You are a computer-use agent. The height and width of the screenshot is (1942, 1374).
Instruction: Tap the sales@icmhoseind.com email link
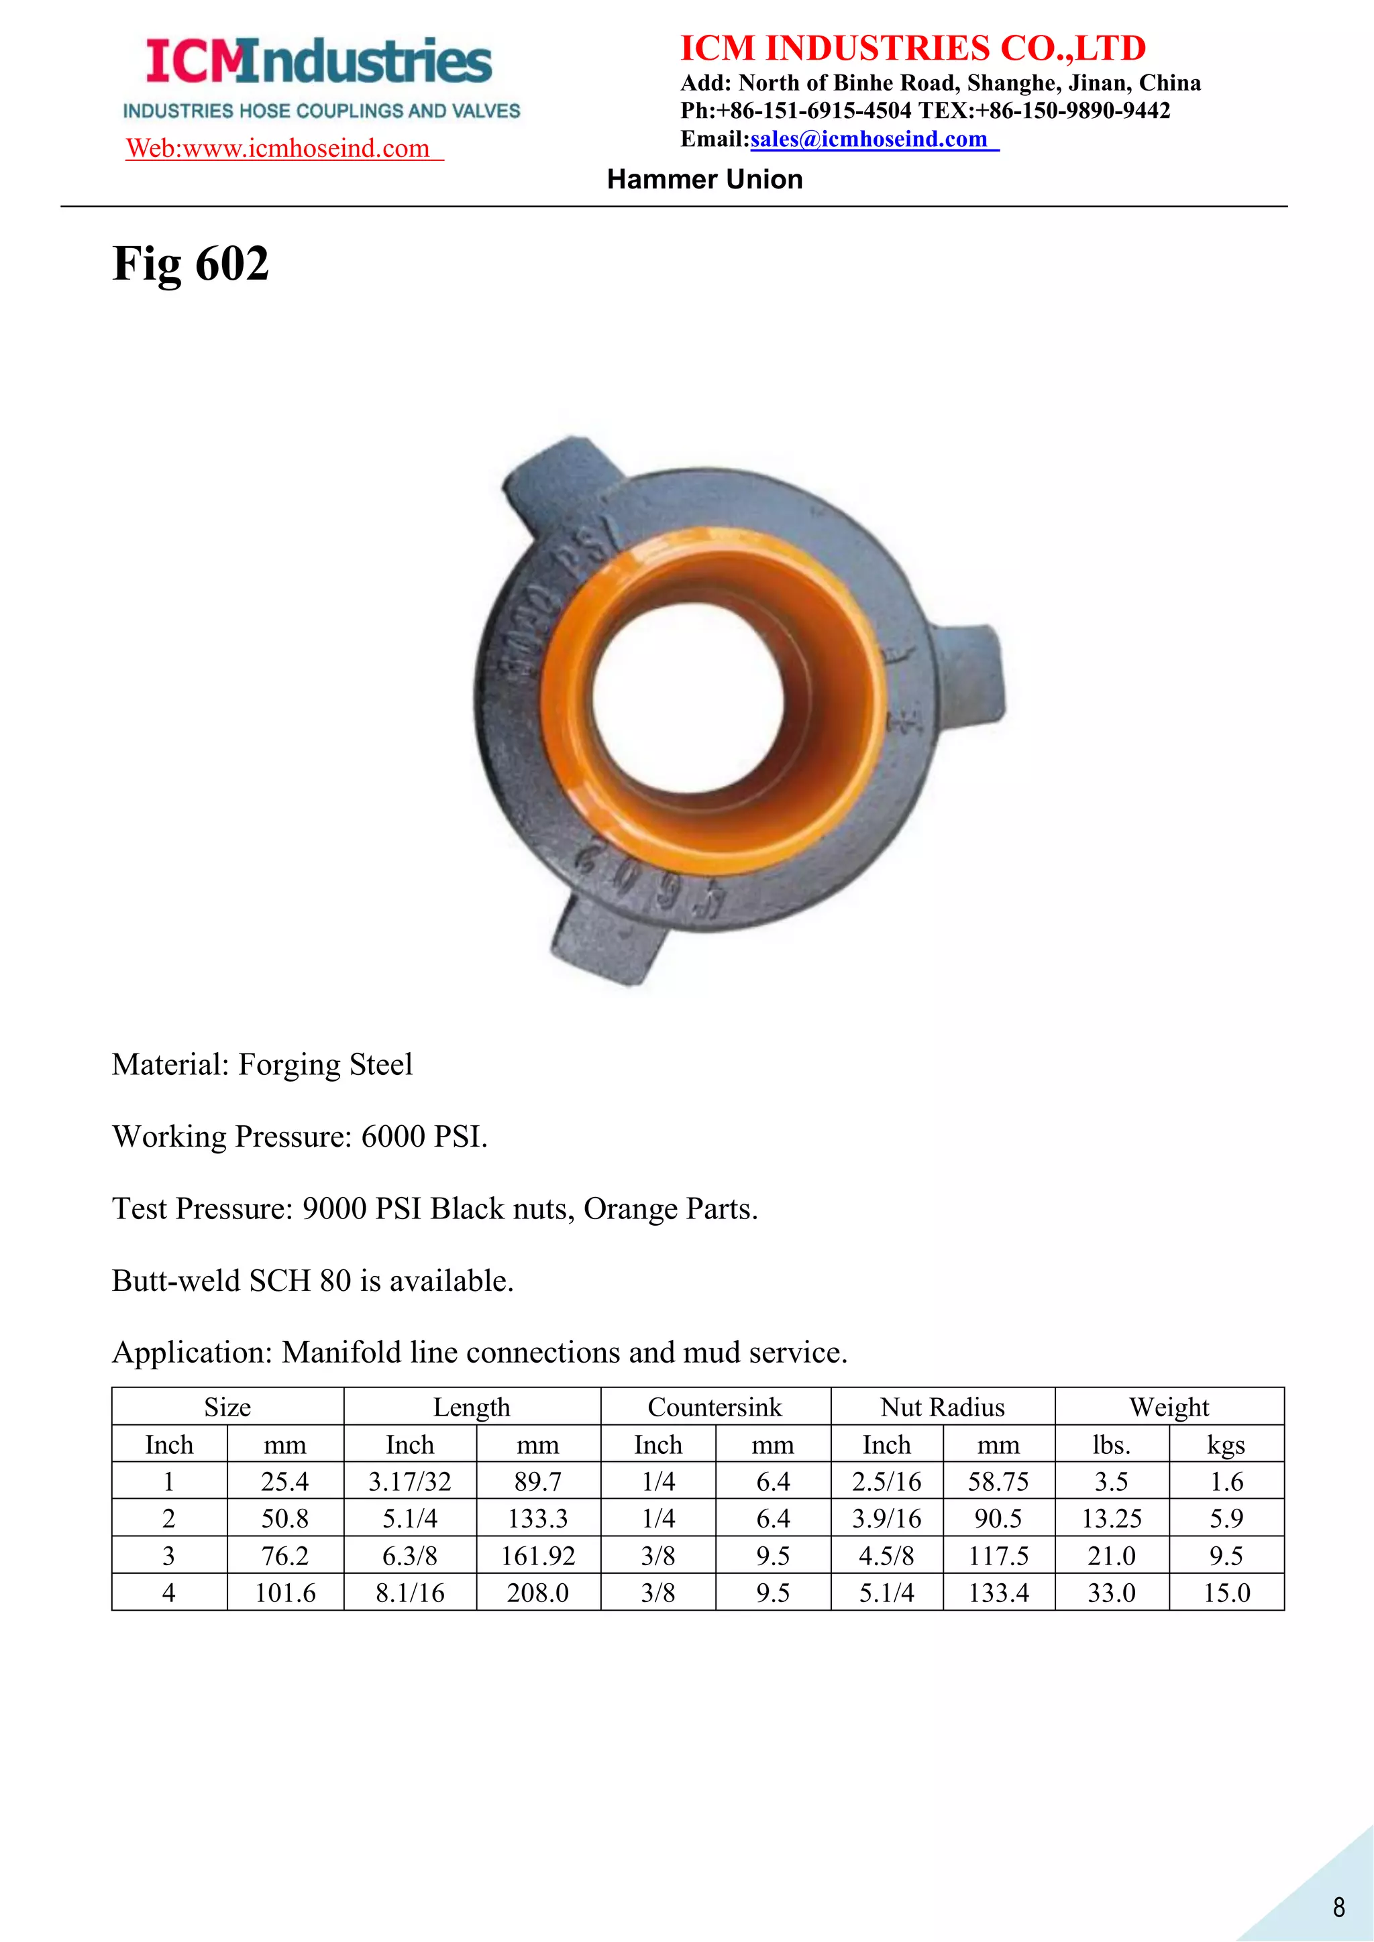point(869,139)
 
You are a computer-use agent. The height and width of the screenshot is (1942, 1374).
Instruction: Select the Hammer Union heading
point(704,179)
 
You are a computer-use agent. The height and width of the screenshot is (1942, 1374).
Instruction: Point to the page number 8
point(1338,1907)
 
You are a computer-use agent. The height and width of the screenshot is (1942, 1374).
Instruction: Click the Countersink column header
point(715,1407)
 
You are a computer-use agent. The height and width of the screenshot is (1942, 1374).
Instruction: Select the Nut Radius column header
point(943,1407)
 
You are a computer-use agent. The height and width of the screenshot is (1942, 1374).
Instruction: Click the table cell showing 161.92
point(538,1556)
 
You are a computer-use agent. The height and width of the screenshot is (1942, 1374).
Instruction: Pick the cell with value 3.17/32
point(409,1481)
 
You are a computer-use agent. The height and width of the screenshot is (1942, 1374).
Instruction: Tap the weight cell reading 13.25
point(1112,1518)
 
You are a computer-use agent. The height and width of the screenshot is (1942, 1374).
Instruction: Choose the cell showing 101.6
point(285,1593)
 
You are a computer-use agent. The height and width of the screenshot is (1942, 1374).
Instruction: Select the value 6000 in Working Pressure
point(392,1136)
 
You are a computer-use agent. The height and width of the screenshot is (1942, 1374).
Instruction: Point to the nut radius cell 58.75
point(998,1481)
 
